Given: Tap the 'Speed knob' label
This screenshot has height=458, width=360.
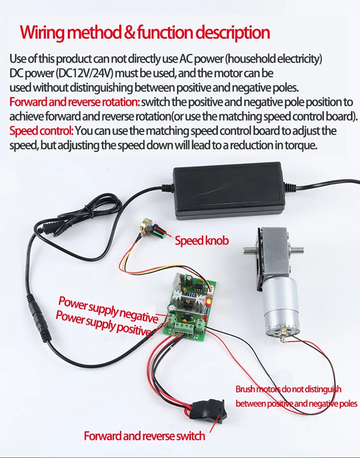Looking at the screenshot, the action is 201,240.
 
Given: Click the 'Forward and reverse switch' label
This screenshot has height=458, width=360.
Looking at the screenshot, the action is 144,436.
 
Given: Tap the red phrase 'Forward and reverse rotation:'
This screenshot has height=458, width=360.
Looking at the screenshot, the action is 75,102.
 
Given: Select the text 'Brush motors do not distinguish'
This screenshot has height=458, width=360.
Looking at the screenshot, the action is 288,389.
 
